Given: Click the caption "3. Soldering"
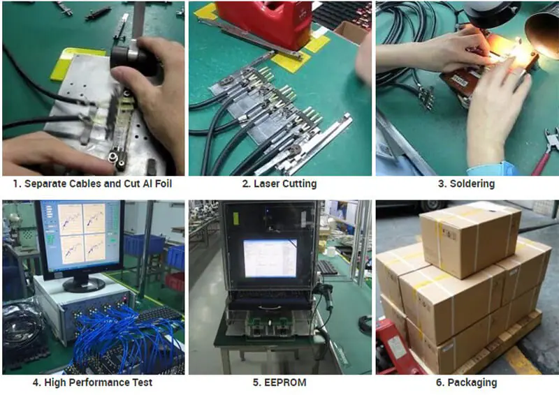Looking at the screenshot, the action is point(466,184).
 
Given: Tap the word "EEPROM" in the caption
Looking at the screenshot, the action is point(285,382).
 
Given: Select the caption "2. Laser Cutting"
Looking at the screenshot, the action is point(279,184).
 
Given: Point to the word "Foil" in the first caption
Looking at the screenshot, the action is point(164,184).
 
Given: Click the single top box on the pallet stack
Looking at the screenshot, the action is point(470,239).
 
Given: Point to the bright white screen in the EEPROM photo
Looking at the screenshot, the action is point(270,258).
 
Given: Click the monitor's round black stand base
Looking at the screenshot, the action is point(84,284).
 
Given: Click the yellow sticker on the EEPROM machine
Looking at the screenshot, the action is point(235,218).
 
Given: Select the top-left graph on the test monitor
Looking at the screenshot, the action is point(71,218).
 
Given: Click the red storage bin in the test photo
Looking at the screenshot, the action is point(175,282).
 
